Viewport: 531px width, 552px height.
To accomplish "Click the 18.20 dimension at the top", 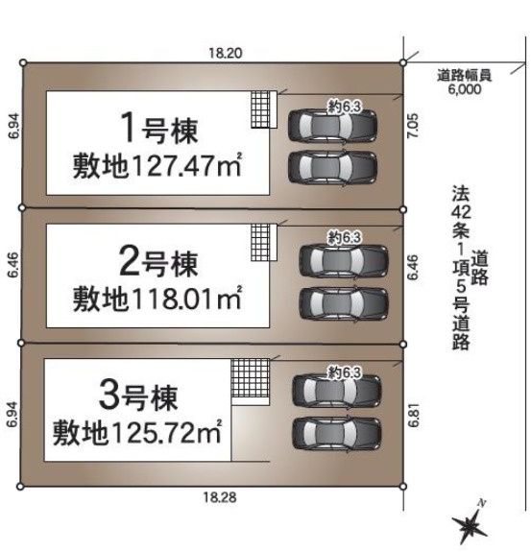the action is click(x=226, y=53).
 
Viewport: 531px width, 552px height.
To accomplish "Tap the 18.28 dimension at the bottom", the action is click(x=220, y=497).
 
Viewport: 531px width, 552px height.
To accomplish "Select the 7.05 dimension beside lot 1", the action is click(x=413, y=126).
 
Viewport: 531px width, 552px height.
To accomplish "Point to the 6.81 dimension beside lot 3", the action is click(x=414, y=415).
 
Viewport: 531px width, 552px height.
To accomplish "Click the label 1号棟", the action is click(x=158, y=128).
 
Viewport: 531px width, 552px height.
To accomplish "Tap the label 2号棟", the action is click(x=158, y=261).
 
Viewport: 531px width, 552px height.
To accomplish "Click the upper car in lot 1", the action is click(x=332, y=126).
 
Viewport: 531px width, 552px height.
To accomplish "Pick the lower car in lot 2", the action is click(x=344, y=303).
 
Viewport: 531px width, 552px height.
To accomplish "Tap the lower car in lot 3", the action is click(x=337, y=433).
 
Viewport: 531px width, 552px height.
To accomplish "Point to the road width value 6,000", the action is click(x=465, y=89).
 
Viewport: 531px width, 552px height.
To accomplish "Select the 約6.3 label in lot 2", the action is click(x=345, y=238).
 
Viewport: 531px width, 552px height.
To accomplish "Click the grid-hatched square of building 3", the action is click(x=251, y=378).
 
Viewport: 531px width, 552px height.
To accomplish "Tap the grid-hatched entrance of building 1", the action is click(x=260, y=109).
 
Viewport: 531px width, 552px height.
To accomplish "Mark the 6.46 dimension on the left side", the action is click(x=13, y=266).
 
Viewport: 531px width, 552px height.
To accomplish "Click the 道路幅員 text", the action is click(x=465, y=76).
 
